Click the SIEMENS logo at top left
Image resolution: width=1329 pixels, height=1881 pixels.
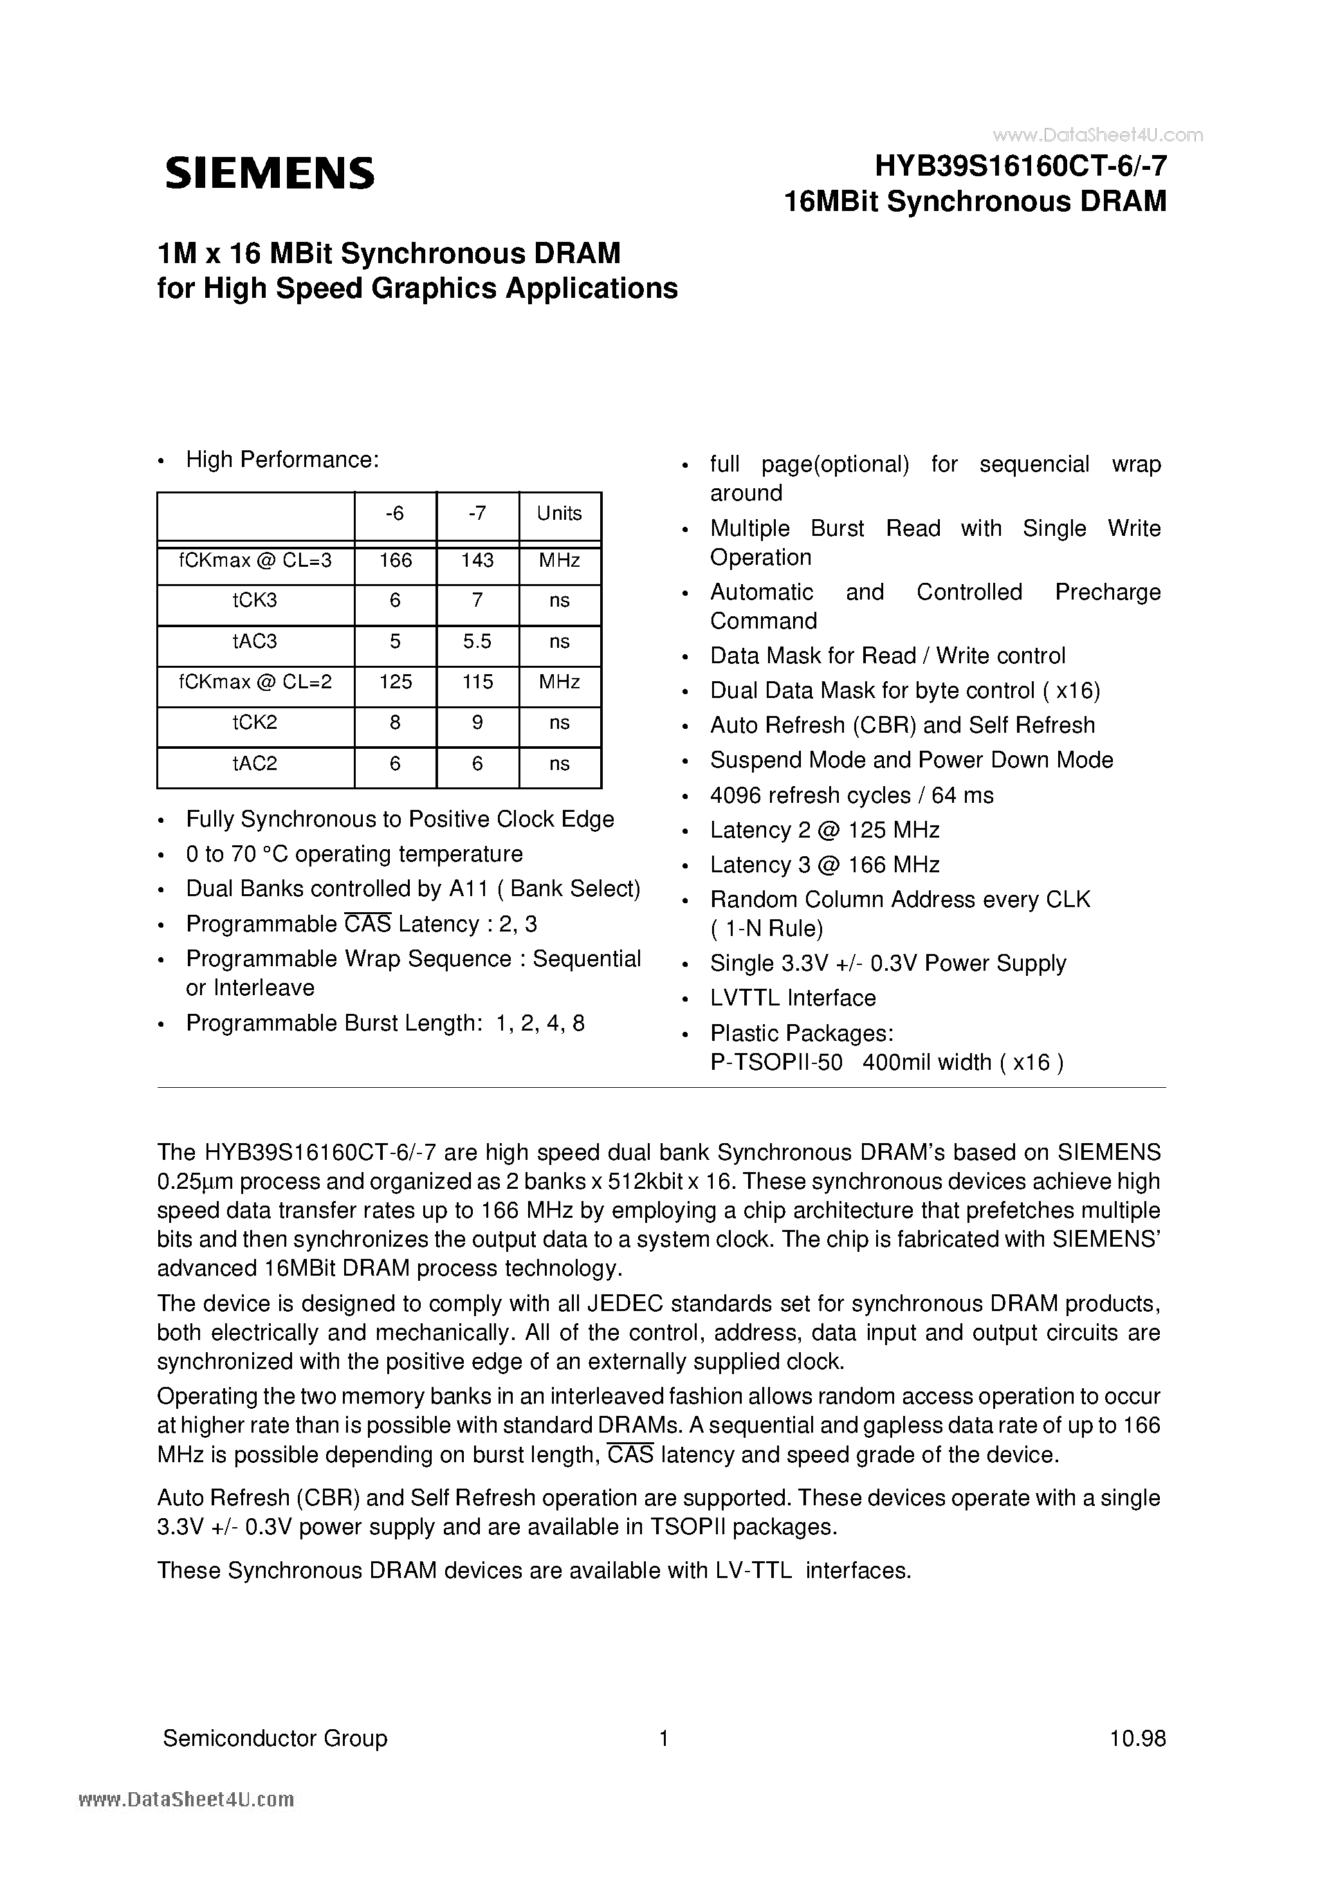pyautogui.click(x=270, y=174)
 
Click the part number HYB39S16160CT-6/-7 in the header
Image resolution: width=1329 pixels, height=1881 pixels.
pyautogui.click(x=1020, y=167)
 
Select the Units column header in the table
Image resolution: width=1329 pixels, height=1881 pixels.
pyautogui.click(x=559, y=513)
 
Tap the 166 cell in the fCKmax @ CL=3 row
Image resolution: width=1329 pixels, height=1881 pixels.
pyautogui.click(x=395, y=560)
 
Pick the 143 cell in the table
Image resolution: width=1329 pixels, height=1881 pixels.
pyautogui.click(x=477, y=560)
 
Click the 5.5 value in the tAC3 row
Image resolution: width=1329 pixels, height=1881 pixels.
pyautogui.click(x=477, y=641)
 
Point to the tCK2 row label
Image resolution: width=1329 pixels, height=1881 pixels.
pyautogui.click(x=255, y=722)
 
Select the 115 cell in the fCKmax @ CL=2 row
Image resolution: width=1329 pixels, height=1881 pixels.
pyautogui.click(x=477, y=682)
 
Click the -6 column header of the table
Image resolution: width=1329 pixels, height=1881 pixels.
pyautogui.click(x=395, y=513)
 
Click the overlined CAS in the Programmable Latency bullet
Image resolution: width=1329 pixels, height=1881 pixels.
pyautogui.click(x=367, y=924)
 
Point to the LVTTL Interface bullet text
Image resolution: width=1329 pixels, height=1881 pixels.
pyautogui.click(x=793, y=998)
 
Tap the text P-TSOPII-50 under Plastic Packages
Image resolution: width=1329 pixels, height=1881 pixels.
pyautogui.click(x=775, y=1063)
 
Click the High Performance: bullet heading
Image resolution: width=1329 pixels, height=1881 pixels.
pyautogui.click(x=282, y=461)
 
